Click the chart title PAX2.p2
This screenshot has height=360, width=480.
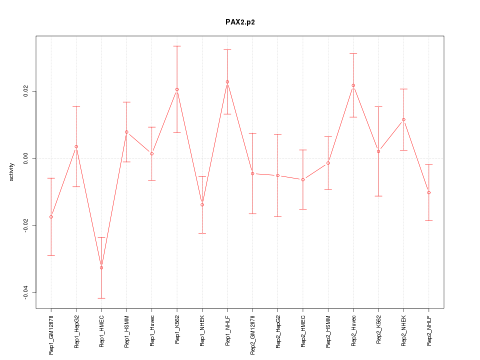(x=240, y=22)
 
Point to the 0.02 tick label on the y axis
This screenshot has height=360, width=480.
(x=26, y=91)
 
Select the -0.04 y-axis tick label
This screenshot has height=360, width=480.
(x=26, y=292)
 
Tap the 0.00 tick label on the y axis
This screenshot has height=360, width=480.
(x=26, y=158)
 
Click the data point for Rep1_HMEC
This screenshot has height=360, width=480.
(x=101, y=267)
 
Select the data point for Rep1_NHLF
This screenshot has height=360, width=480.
(x=227, y=81)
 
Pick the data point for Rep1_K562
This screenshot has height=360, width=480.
(x=177, y=89)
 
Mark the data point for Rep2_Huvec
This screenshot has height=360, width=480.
(x=353, y=85)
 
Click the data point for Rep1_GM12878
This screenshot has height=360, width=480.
(x=51, y=216)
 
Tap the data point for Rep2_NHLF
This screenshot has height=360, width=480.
(x=429, y=192)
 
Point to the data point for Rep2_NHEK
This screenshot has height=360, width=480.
(x=403, y=119)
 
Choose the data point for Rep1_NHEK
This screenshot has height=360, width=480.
(x=202, y=204)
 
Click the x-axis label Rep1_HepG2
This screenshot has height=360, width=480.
(x=76, y=331)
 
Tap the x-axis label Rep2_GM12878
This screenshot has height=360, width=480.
(x=252, y=335)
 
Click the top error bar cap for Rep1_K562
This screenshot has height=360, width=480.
(x=177, y=46)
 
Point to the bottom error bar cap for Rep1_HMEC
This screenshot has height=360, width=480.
(x=101, y=298)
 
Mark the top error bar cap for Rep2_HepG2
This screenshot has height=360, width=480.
(x=278, y=134)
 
